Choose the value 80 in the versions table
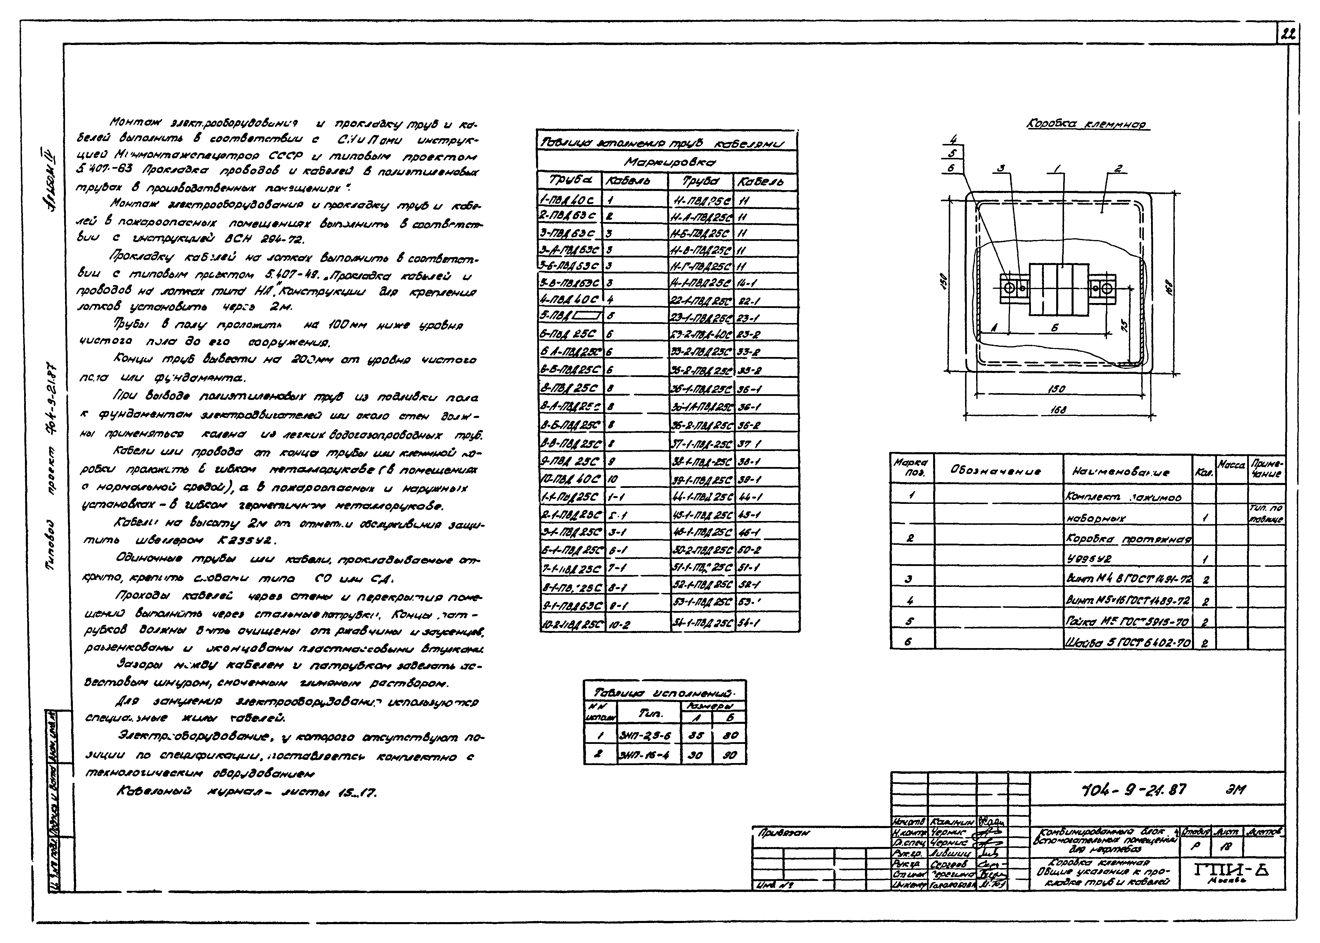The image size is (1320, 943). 730,735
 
